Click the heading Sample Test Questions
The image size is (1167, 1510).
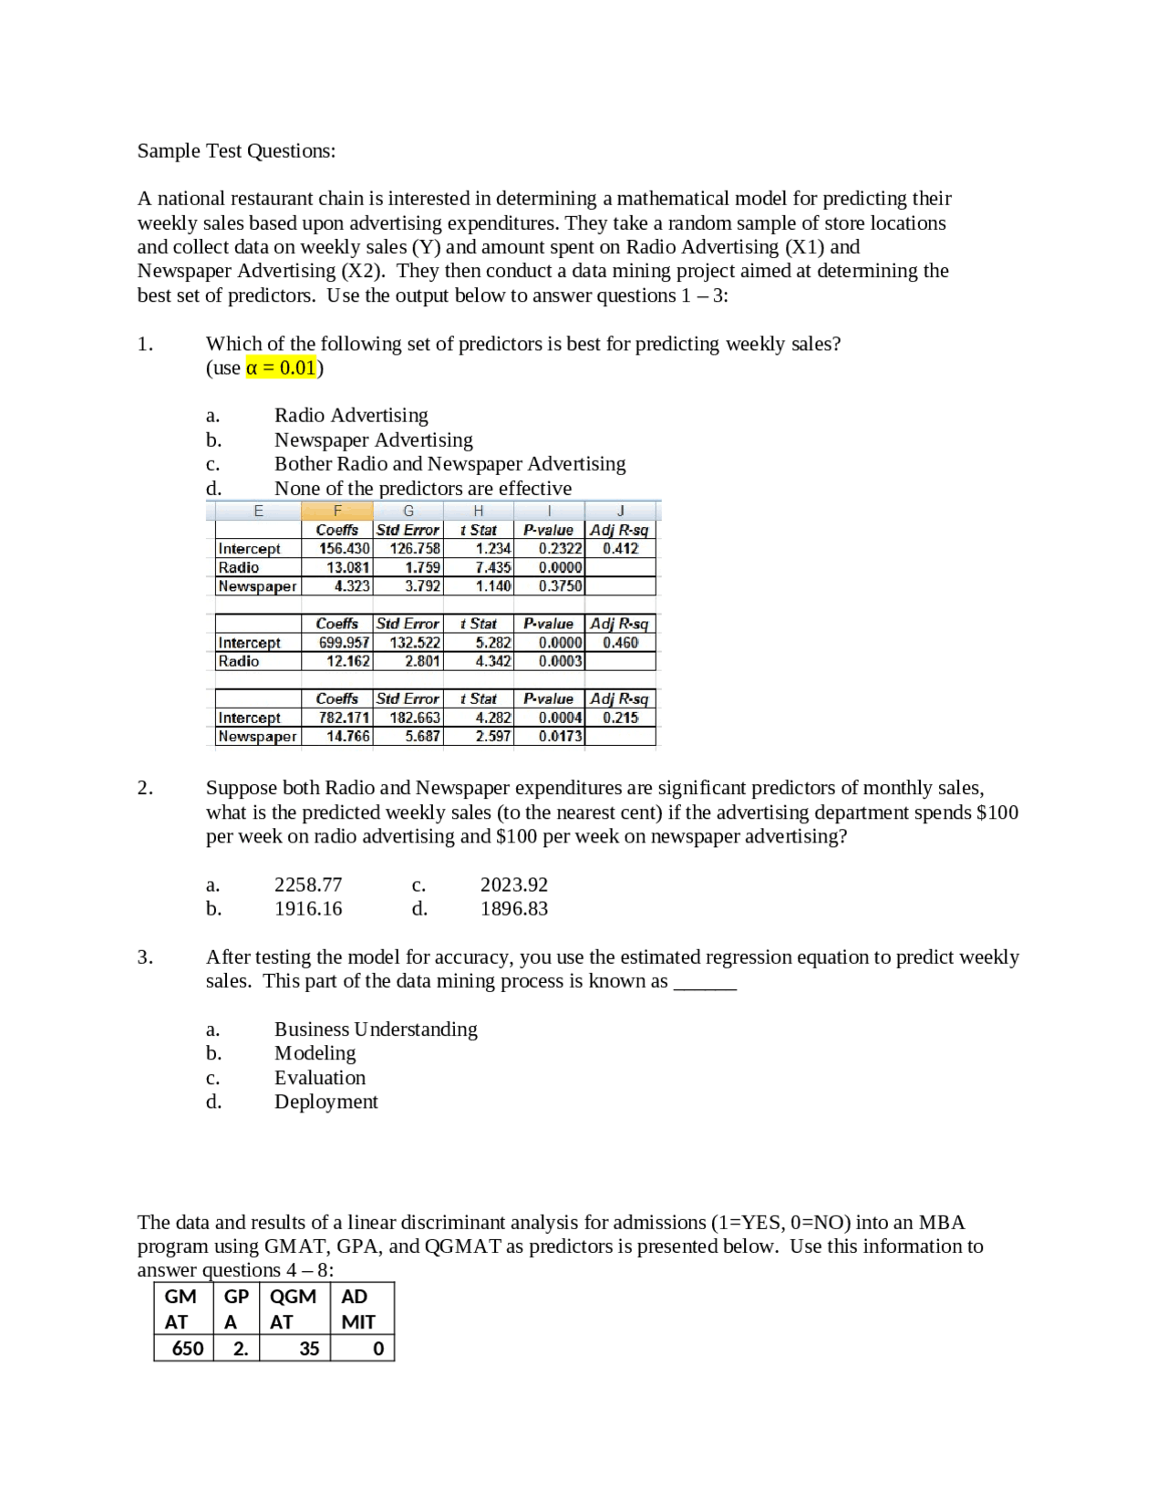(236, 151)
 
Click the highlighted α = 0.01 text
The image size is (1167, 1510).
(281, 368)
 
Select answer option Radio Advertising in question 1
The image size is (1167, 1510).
(351, 416)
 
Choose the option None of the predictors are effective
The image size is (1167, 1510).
(423, 489)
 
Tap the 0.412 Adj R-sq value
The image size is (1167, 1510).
(620, 549)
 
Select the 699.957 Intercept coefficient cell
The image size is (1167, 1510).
(344, 643)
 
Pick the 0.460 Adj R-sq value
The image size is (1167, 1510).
(620, 643)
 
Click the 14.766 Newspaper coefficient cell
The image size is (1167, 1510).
(348, 737)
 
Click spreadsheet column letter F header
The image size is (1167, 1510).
(337, 511)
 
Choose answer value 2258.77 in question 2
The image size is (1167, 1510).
(308, 885)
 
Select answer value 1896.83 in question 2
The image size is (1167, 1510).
(514, 909)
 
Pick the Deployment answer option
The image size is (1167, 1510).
(325, 1102)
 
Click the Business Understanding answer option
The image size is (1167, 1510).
(376, 1029)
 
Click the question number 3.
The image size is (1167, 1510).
(145, 957)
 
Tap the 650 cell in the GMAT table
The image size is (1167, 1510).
(188, 1349)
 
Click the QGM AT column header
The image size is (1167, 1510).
(294, 1309)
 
